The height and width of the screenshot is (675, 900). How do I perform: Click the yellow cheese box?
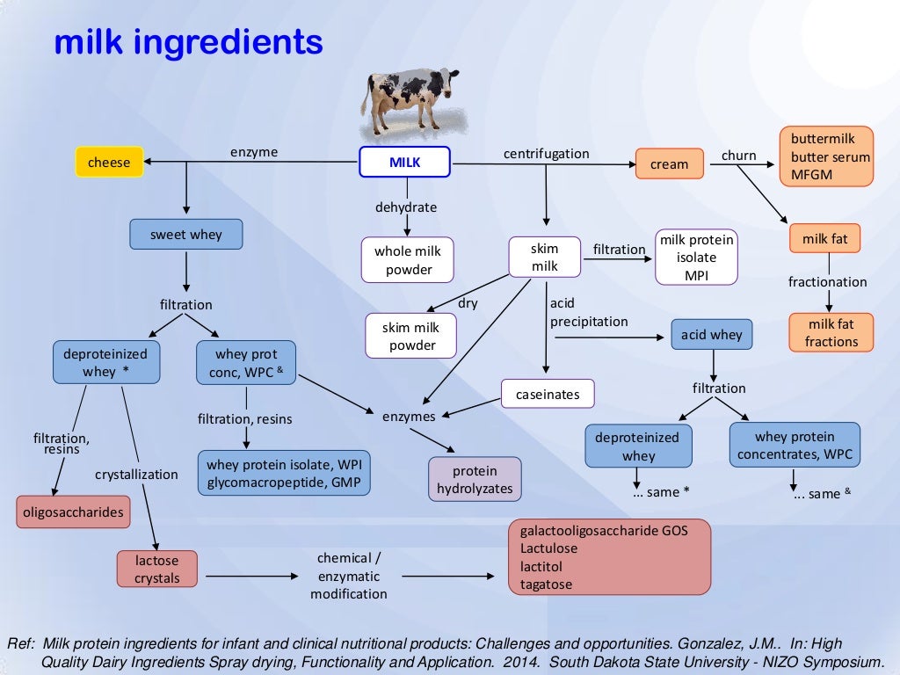[109, 162]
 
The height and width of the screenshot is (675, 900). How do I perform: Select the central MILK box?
[404, 163]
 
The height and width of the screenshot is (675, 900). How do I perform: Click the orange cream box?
[670, 164]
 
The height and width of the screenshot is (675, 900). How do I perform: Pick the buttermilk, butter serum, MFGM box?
[826, 157]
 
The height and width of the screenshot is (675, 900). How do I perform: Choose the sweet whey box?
[186, 235]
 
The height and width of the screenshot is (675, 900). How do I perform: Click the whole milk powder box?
[407, 260]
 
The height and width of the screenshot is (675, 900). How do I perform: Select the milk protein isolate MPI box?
[696, 258]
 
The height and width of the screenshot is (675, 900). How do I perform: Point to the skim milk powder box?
[412, 336]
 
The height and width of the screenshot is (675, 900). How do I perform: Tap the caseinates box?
[548, 395]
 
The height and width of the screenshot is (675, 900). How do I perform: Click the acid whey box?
[712, 334]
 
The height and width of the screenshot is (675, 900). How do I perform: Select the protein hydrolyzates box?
[475, 479]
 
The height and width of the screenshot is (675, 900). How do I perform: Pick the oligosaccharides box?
[72, 512]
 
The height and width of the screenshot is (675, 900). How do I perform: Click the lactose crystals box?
[157, 568]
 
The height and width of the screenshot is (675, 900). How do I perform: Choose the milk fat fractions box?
[831, 332]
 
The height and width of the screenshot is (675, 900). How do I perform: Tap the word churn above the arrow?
[738, 156]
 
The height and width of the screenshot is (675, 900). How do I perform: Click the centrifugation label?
[546, 154]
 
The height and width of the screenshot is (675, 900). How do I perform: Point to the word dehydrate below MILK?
[406, 207]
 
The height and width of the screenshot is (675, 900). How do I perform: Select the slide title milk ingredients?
[188, 41]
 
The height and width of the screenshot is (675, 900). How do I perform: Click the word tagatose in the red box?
[546, 584]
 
